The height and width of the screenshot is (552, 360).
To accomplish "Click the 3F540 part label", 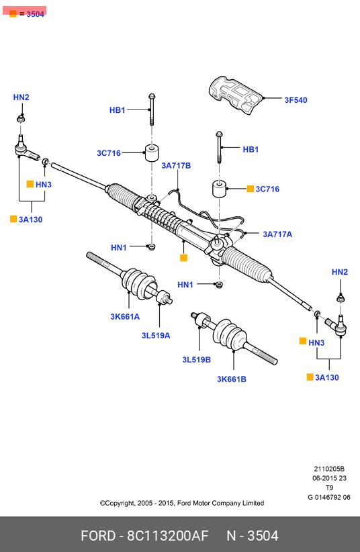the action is pyautogui.click(x=296, y=100).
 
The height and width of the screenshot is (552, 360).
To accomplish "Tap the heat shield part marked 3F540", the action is pyautogui.click(x=235, y=94).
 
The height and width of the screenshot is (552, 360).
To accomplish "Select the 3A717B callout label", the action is pyautogui.click(x=176, y=165).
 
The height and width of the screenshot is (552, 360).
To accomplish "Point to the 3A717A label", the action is pyautogui.click(x=277, y=234).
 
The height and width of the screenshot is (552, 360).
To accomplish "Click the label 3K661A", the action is pyautogui.click(x=125, y=316).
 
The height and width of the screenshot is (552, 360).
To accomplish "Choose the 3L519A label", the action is pyautogui.click(x=156, y=336).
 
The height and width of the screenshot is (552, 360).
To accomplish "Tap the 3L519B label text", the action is pyautogui.click(x=196, y=360).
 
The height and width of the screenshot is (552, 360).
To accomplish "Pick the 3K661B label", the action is pyautogui.click(x=232, y=379).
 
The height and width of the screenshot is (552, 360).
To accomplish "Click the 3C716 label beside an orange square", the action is pyautogui.click(x=267, y=189).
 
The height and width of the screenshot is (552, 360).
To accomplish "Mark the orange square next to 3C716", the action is pyautogui.click(x=250, y=189).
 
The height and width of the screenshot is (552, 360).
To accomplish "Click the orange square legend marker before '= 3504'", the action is pyautogui.click(x=13, y=13).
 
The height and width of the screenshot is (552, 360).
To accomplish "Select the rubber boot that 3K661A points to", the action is pyautogui.click(x=138, y=283).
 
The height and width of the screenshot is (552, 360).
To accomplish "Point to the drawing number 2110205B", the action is pyautogui.click(x=329, y=469).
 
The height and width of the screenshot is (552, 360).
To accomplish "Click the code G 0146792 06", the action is pyautogui.click(x=329, y=497).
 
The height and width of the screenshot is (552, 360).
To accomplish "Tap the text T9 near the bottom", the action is pyautogui.click(x=329, y=488).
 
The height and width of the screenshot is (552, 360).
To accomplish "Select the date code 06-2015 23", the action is pyautogui.click(x=329, y=478).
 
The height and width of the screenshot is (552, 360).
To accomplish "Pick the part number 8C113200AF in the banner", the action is pyautogui.click(x=168, y=536).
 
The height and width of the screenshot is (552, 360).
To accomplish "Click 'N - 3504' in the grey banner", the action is pyautogui.click(x=253, y=536).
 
